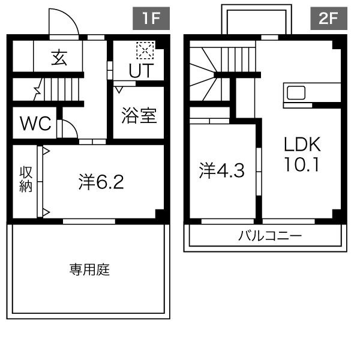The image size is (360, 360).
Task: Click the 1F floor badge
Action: (x=151, y=19)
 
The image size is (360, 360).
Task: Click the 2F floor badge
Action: (x=329, y=19)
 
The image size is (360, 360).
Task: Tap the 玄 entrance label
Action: (x=59, y=58)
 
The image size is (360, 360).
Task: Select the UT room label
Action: (x=141, y=70)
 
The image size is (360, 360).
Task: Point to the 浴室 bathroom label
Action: (x=139, y=115)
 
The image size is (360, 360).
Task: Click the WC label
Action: (x=35, y=123)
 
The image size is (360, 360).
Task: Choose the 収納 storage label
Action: (x=25, y=179)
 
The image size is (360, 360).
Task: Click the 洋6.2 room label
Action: (x=101, y=182)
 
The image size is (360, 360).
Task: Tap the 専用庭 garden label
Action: (x=89, y=269)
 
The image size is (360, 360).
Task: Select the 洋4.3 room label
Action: (x=222, y=170)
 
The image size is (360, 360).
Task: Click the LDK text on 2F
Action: (x=302, y=144)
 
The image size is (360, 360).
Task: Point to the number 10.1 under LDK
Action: (x=302, y=164)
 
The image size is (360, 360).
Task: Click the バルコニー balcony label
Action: (x=269, y=236)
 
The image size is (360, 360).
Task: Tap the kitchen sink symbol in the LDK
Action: (x=296, y=93)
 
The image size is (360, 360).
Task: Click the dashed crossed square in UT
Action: (x=145, y=50)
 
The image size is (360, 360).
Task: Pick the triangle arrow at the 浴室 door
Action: (x=119, y=89)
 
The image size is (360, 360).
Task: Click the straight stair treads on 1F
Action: (x=61, y=89)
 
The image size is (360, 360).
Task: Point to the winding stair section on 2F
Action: (x=203, y=74)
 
